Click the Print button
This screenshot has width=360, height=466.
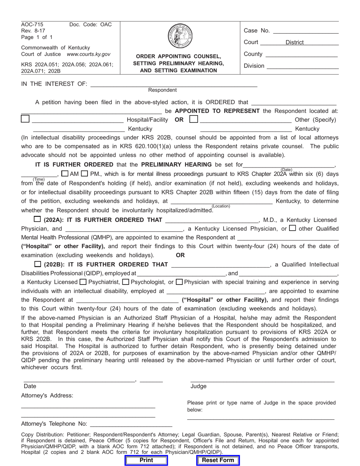pos(146,460)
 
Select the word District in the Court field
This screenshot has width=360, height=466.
pos(294,42)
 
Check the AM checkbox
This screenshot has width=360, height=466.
pos(65,174)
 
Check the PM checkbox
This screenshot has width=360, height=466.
pos(85,174)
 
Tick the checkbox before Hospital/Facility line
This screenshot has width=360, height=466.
pos(25,119)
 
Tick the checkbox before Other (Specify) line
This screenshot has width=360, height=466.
pos(193,119)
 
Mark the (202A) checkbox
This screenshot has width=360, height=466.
pos(38,219)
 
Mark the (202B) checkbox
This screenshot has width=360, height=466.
pos(38,264)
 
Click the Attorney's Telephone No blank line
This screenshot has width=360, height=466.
pos(131,424)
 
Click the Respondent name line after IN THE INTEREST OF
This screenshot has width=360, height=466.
pos(174,84)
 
